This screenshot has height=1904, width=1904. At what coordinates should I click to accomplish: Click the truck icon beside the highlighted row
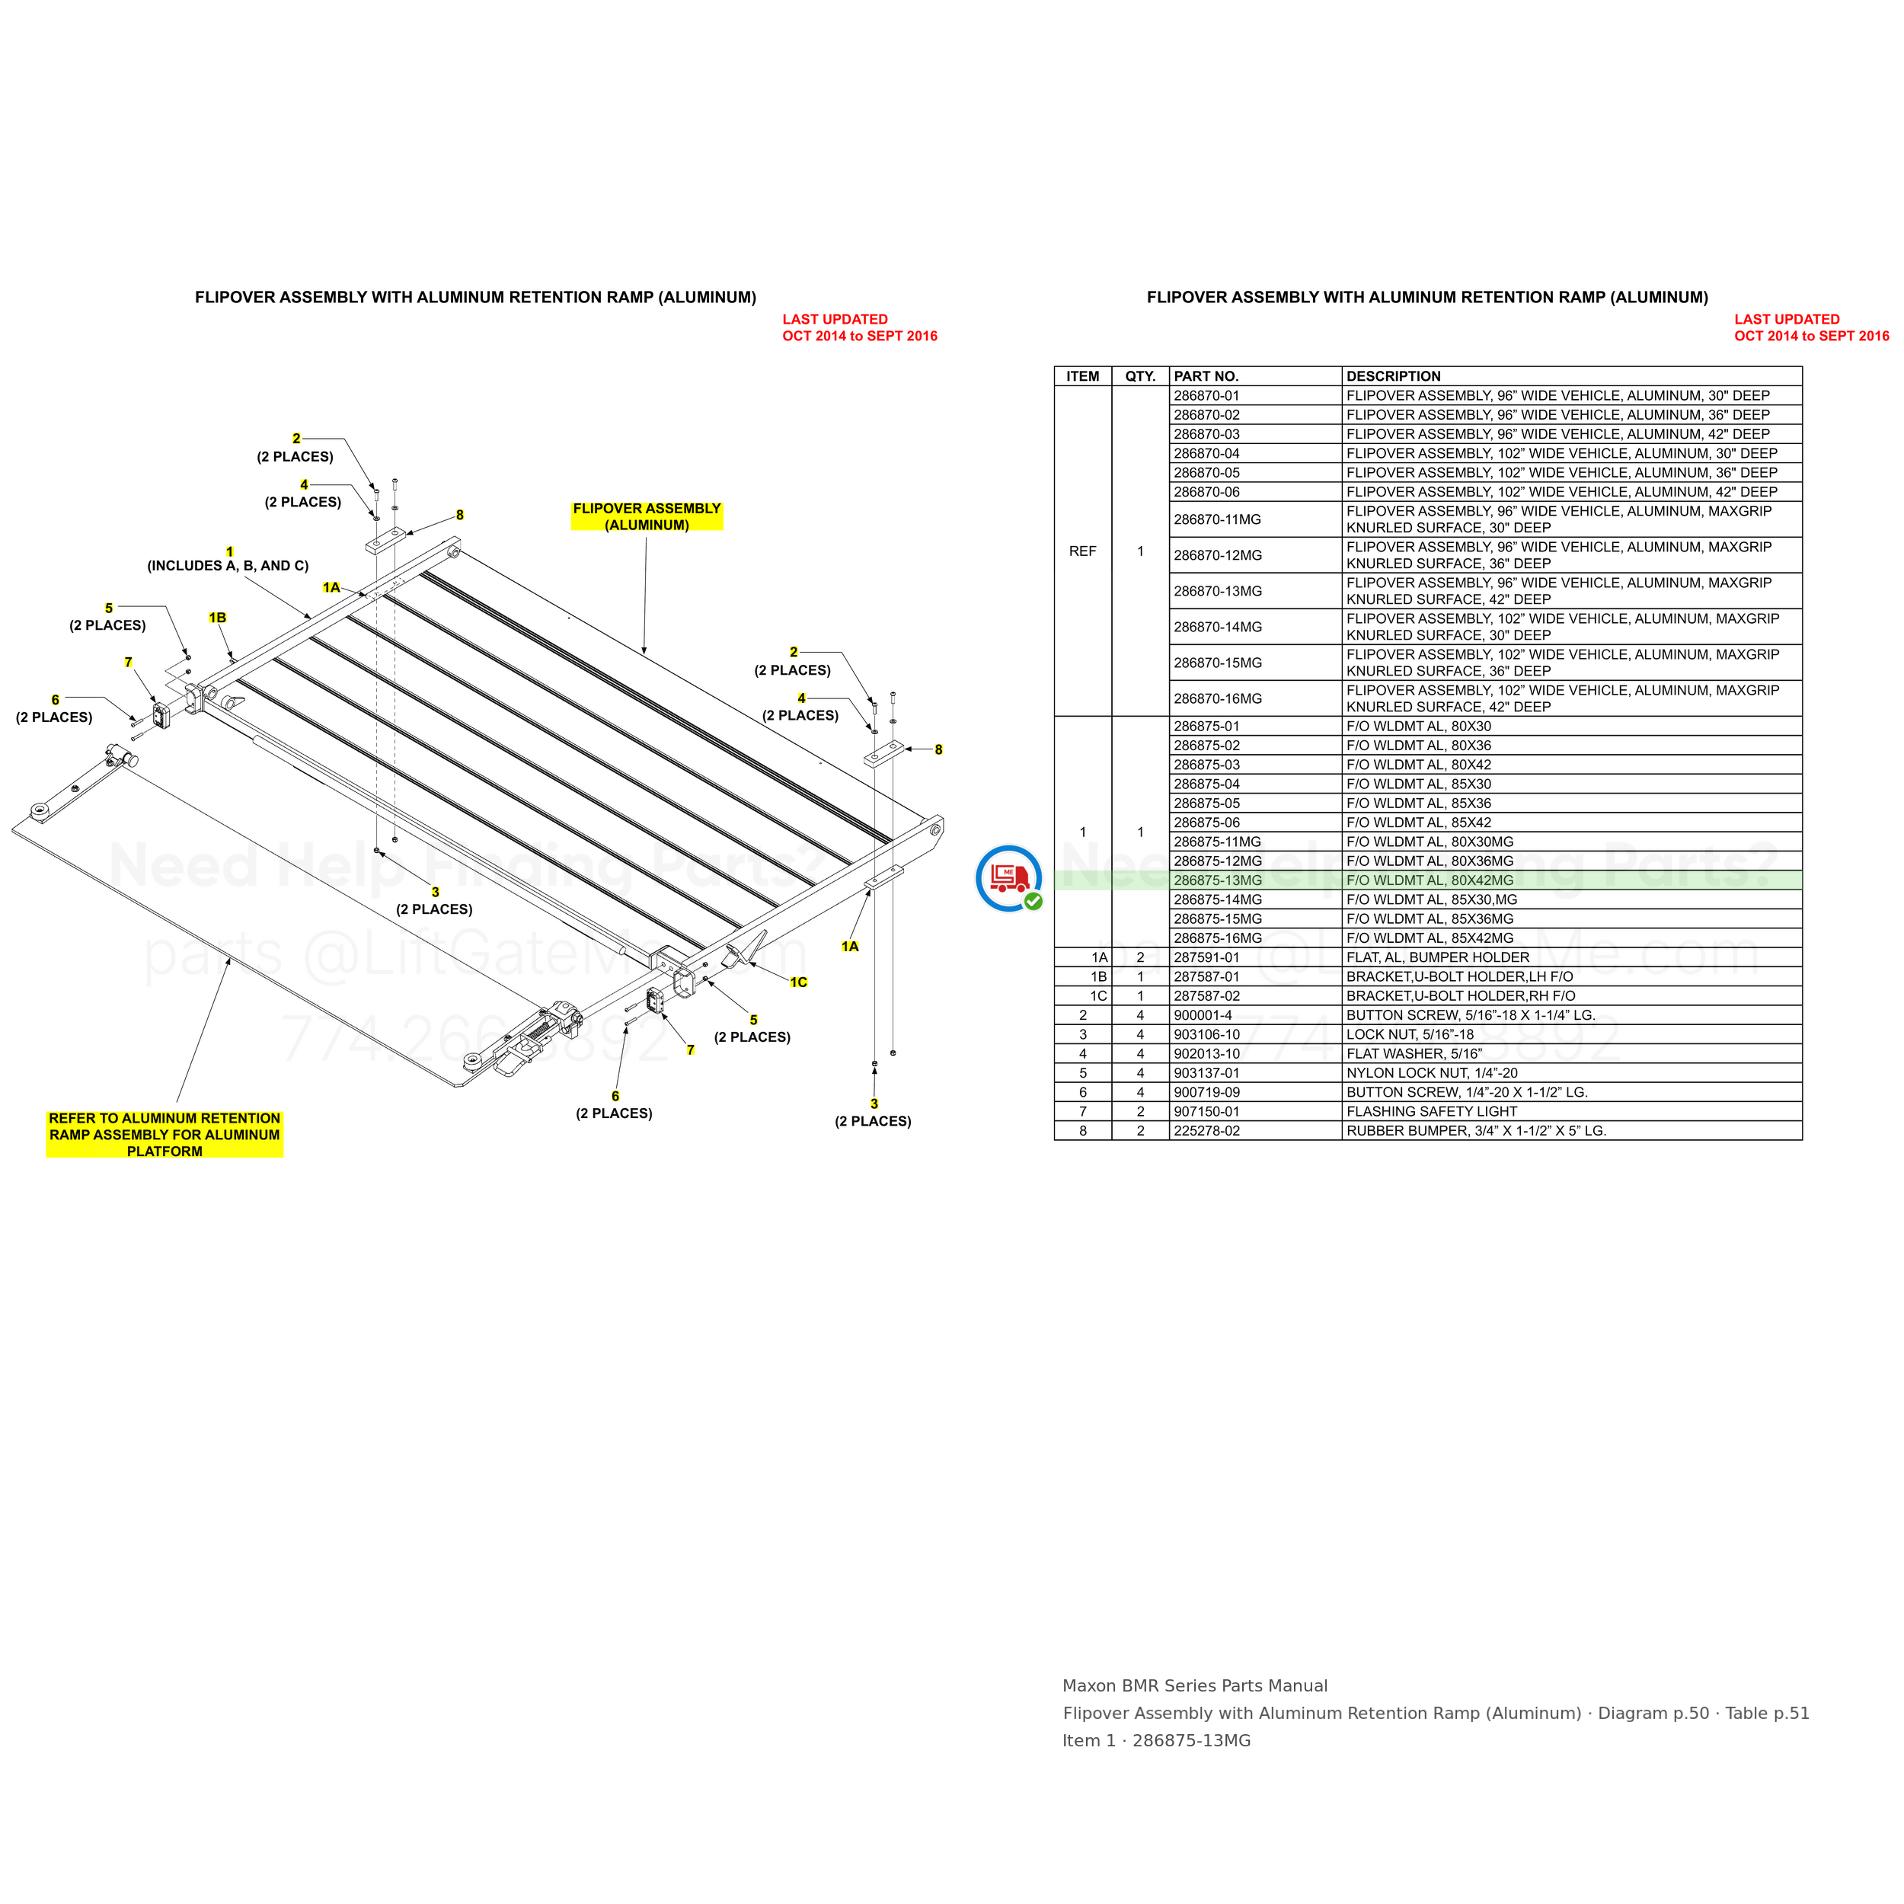point(1008,877)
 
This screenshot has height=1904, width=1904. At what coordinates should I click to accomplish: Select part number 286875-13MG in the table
point(1217,880)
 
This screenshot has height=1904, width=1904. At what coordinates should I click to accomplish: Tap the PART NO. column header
point(1206,376)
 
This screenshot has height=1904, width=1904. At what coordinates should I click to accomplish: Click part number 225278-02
point(1206,1130)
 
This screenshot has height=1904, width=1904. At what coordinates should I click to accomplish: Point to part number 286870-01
point(1206,395)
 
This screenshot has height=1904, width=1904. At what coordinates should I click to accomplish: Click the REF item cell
point(1082,551)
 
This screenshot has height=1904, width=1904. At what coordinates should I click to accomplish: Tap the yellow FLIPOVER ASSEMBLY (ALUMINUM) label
point(647,516)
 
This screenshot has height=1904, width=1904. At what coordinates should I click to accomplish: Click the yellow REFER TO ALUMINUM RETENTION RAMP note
point(165,1134)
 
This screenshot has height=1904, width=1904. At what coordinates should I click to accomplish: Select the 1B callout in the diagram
point(217,618)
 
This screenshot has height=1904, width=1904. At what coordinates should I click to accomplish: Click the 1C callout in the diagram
point(798,982)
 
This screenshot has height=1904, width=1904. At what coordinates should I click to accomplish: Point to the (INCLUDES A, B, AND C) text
point(228,566)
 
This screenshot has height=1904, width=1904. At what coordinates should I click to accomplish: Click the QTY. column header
point(1140,376)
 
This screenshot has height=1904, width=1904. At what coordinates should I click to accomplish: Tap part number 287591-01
point(1206,957)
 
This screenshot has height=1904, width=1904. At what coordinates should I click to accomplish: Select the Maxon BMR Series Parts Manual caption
point(1194,1686)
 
